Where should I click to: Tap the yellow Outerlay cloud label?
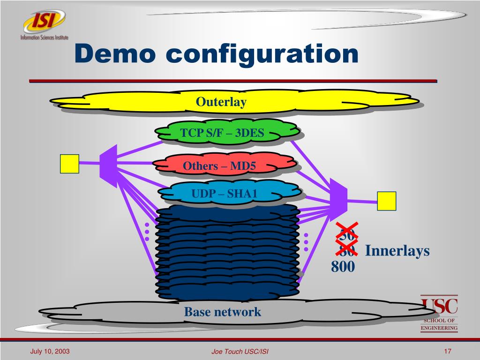tap(221, 102)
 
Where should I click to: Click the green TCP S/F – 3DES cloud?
tap(222, 134)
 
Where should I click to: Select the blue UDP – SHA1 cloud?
tap(225, 193)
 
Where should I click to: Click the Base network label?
tap(222, 312)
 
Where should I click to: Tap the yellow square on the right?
tap(387, 201)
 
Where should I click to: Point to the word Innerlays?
tap(397, 251)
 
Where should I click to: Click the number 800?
tap(343, 267)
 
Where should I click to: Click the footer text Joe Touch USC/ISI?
tap(240, 352)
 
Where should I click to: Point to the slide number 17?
tap(447, 351)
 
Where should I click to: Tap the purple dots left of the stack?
tap(147, 232)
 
